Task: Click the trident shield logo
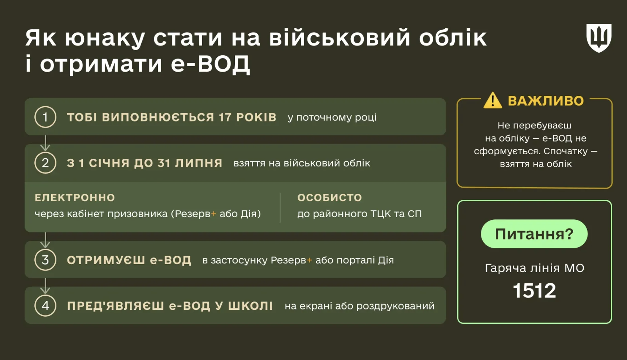tap(598, 38)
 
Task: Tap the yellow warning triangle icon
tap(493, 101)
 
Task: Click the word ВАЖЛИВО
tap(546, 101)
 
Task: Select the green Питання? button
tap(534, 234)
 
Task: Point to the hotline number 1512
tap(534, 291)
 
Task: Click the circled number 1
tap(45, 117)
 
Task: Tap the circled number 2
tap(45, 163)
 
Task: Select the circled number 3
tap(45, 260)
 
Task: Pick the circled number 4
tap(45, 306)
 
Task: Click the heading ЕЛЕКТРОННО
tap(75, 198)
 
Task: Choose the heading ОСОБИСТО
tap(329, 198)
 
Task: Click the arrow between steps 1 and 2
tap(45, 143)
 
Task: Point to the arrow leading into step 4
tap(45, 286)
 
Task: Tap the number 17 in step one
tap(225, 117)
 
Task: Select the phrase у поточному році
tap(332, 117)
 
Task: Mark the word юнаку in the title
tap(105, 38)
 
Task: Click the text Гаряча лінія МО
tap(534, 268)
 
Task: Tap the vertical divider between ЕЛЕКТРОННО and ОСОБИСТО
tap(280, 207)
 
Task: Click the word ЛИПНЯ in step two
tap(199, 163)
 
